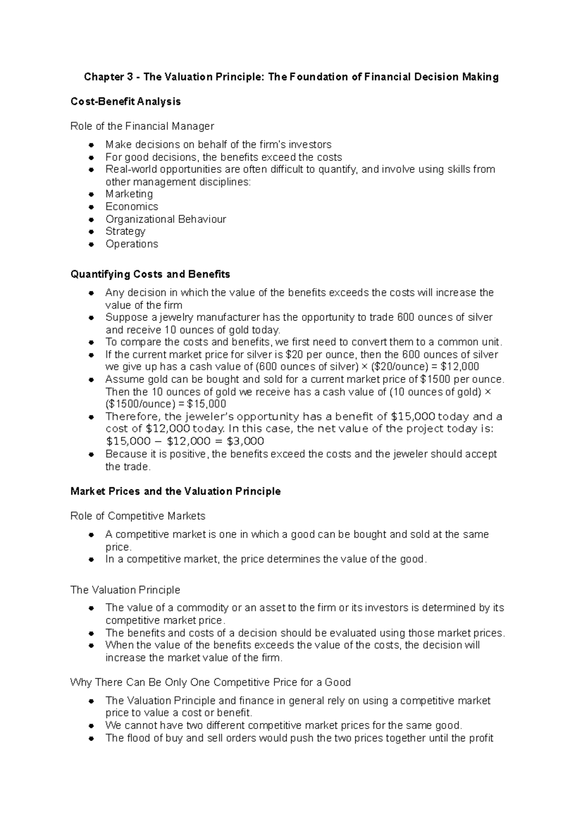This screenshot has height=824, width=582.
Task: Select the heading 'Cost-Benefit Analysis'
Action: click(x=126, y=101)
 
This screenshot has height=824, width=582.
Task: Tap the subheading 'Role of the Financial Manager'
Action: click(x=142, y=126)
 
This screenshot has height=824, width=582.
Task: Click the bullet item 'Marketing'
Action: click(x=129, y=194)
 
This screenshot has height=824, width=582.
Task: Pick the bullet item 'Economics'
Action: click(x=132, y=206)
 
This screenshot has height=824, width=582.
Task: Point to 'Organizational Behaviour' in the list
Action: click(x=166, y=219)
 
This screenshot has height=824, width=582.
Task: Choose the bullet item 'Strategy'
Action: click(x=126, y=231)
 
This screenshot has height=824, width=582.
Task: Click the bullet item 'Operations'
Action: click(x=132, y=244)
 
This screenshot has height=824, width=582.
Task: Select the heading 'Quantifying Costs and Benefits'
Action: click(x=150, y=274)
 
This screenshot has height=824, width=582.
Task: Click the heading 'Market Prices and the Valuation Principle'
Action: click(x=176, y=491)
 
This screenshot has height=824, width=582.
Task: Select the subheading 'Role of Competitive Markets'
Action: click(x=138, y=516)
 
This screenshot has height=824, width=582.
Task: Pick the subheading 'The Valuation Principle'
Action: click(x=125, y=590)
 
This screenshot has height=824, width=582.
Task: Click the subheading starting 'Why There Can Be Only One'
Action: click(x=210, y=682)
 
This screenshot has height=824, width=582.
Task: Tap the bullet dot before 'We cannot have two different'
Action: click(x=91, y=726)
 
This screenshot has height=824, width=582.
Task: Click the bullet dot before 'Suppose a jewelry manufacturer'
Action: click(x=91, y=318)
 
